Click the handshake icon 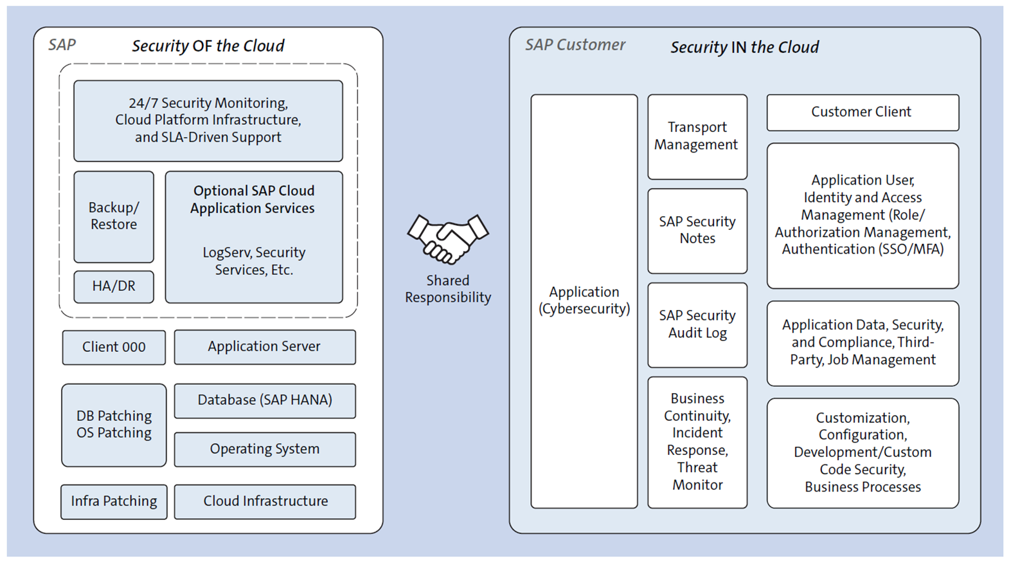click(448, 239)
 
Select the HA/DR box click(114, 286)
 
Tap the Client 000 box click(114, 347)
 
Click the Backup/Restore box click(114, 216)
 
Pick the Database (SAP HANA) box click(265, 400)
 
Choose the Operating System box click(265, 449)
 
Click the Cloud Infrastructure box click(265, 501)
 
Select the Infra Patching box click(114, 501)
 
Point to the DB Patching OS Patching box click(114, 425)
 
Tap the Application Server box click(265, 347)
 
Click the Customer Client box click(862, 112)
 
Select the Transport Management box click(697, 136)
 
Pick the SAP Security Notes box click(697, 230)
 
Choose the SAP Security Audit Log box click(697, 324)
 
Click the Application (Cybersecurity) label click(584, 300)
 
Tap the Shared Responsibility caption click(448, 289)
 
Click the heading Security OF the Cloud click(208, 46)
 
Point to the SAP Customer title click(575, 45)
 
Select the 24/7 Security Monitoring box click(208, 120)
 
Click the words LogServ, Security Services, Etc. click(254, 261)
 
